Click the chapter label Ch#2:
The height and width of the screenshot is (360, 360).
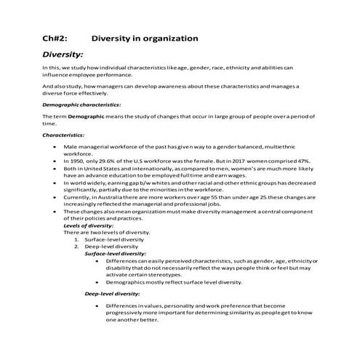pos(55,37)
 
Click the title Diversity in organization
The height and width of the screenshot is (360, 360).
pos(145,37)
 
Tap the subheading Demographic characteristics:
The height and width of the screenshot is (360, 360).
pos(81,105)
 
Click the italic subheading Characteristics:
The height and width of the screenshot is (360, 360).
pos(63,135)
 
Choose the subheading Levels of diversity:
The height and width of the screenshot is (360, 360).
pos(87,225)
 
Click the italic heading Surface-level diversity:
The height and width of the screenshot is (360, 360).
pos(116,253)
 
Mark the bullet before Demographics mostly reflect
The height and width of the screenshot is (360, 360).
pos(97,281)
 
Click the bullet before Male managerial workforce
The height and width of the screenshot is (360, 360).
pos(56,147)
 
